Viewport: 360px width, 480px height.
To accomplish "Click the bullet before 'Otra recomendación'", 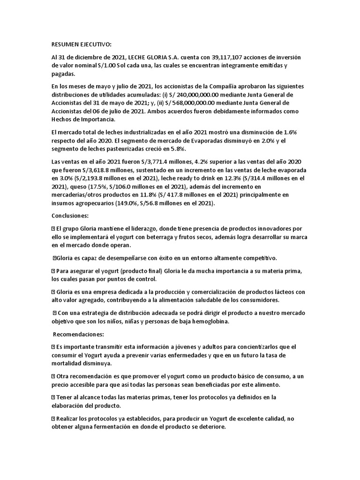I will point(53,376).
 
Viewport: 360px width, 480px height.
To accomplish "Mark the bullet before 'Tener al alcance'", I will point(53,397).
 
